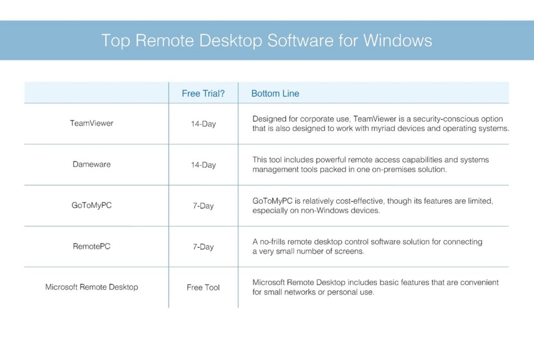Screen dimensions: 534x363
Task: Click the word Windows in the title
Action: [x=397, y=41]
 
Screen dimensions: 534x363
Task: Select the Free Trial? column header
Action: [x=203, y=93]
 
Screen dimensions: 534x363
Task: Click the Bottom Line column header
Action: [x=275, y=93]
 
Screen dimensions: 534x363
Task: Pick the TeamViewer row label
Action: [x=92, y=123]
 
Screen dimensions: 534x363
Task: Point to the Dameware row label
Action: [x=92, y=164]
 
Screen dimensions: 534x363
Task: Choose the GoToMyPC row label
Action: [x=92, y=205]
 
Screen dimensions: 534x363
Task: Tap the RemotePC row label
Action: [x=92, y=246]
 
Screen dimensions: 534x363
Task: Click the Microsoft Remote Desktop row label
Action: [x=92, y=287]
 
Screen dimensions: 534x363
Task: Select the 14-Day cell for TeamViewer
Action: [x=203, y=124]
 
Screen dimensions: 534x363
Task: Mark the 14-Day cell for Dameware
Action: [x=203, y=165]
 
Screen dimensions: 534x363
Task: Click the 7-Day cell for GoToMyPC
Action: [x=203, y=205]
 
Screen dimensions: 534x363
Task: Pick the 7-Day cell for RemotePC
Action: [x=203, y=247]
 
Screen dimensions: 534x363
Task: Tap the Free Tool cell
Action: [x=203, y=287]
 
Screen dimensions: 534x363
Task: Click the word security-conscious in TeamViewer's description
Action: [x=445, y=119]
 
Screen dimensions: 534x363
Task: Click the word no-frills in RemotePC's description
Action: [x=272, y=242]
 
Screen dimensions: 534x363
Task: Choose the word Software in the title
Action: [x=300, y=41]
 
